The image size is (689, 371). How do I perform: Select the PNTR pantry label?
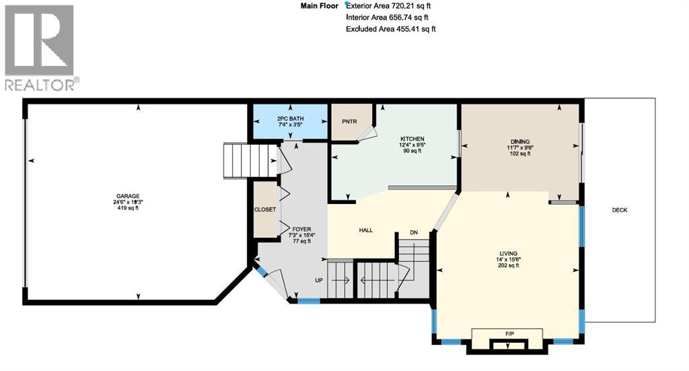pyautogui.click(x=349, y=122)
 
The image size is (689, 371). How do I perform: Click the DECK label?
pyautogui.click(x=619, y=210)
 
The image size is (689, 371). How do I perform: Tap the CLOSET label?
pyautogui.click(x=265, y=209)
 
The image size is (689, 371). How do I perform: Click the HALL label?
pyautogui.click(x=366, y=230)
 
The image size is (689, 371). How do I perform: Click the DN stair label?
pyautogui.click(x=414, y=233)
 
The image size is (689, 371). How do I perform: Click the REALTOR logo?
pyautogui.click(x=40, y=47)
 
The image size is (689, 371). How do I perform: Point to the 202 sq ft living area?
pyautogui.click(x=508, y=265)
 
